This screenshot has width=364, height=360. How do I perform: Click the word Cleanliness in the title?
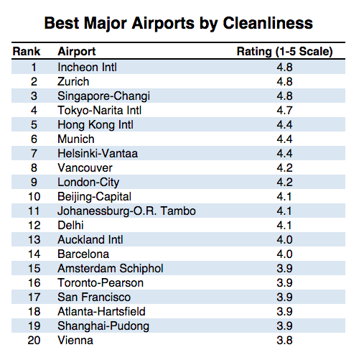(268, 23)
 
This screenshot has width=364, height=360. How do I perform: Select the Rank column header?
(27, 51)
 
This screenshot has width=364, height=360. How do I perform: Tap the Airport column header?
(77, 52)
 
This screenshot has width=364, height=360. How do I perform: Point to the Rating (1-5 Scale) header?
(284, 52)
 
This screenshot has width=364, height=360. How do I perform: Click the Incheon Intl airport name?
(87, 67)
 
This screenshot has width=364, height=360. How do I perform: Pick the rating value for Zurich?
(284, 81)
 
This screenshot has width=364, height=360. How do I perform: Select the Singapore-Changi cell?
(103, 96)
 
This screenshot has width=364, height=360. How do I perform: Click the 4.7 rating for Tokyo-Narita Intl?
(284, 110)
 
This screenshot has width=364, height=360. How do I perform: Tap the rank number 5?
(34, 125)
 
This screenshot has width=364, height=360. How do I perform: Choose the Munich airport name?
(76, 139)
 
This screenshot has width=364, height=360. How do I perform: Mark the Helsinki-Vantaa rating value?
(284, 153)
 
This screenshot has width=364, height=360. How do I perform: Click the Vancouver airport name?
(85, 168)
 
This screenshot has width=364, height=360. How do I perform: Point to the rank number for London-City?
(34, 183)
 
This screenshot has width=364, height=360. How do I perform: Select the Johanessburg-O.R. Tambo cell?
(126, 211)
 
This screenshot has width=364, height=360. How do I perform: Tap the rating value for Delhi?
(284, 225)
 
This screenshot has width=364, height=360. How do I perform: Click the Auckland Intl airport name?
(90, 239)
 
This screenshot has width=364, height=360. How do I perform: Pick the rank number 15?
(34, 269)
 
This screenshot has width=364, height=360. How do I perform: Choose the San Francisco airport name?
(94, 297)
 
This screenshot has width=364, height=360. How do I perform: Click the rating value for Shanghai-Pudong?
(284, 326)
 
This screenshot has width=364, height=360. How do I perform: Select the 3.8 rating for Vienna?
(284, 340)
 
